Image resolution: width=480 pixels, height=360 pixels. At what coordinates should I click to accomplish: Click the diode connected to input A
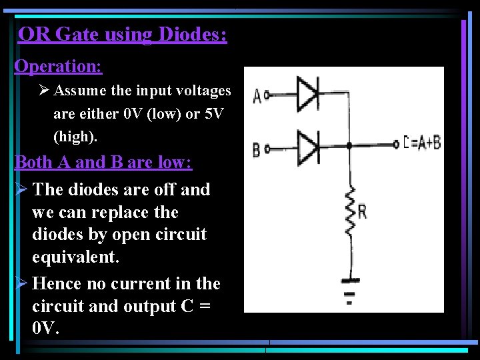point(307,95)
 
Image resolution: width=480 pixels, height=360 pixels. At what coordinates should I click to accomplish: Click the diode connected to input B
point(307,144)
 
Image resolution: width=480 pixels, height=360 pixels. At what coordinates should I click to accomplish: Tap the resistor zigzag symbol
point(349,211)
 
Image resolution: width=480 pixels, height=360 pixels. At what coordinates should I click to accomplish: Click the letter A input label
point(256,97)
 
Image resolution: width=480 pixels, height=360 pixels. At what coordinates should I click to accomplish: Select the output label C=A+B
point(422,143)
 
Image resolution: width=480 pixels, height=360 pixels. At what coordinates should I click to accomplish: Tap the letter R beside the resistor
point(362,212)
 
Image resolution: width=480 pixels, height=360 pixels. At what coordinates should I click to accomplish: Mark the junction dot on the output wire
point(349,144)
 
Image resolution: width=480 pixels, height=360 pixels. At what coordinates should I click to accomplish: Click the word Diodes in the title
point(193,34)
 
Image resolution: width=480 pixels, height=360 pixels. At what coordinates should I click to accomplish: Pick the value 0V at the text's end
point(45,328)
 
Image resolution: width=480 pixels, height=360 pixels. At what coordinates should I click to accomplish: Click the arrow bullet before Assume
point(43,91)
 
